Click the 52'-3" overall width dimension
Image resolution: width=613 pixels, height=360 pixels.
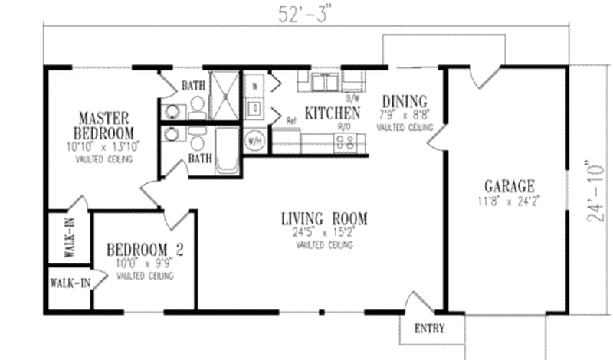305,12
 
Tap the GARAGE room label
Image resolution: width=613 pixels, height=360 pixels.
509,187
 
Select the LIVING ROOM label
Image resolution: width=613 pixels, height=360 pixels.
323,219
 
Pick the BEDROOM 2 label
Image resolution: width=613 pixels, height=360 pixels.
143,250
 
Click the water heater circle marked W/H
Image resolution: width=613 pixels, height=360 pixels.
254,141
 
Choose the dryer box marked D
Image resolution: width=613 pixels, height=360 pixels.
254,110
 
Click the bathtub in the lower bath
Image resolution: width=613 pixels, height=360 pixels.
228,151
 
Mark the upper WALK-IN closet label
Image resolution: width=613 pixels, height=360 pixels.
69,238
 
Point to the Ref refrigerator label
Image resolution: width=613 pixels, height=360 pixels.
291,120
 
